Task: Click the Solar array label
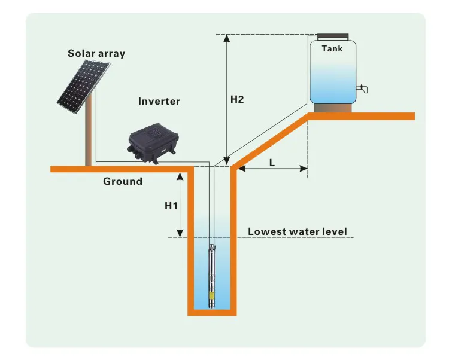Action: pos(96,54)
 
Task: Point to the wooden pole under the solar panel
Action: pos(89,135)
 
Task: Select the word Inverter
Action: pos(159,101)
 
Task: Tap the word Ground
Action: pos(123,181)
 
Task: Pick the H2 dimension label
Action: pos(237,99)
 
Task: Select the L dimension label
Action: pos(272,162)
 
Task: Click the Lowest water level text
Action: pos(298,231)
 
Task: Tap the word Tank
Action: pos(332,48)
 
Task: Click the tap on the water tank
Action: pos(362,90)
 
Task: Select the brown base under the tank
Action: pos(332,108)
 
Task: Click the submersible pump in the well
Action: pos(212,275)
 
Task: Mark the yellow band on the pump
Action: pos(212,294)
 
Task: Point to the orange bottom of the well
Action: pos(213,312)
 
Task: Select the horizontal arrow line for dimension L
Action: pos(272,170)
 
